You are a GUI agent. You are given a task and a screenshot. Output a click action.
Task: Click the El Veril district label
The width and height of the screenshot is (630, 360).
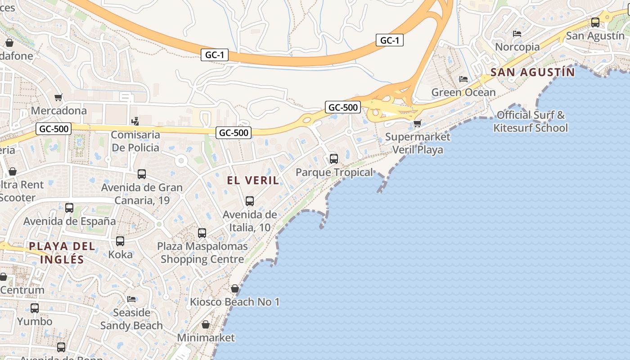coord(252,180)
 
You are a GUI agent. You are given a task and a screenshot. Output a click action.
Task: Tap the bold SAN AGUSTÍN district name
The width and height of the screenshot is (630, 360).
coord(533,72)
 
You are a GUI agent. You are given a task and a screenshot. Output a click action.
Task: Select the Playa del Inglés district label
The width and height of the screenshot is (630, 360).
coord(62,252)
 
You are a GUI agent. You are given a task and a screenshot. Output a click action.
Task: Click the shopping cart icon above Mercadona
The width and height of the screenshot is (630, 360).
coord(58,97)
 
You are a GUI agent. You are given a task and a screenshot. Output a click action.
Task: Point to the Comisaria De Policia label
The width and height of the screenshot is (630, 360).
coord(135,141)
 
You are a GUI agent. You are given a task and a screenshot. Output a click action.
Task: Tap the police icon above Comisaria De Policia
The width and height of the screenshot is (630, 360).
coord(135,121)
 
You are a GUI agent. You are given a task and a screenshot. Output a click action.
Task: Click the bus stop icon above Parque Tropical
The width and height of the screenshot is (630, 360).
coord(334,158)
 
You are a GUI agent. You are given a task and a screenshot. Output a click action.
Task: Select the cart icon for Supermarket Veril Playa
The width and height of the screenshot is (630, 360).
coord(418,123)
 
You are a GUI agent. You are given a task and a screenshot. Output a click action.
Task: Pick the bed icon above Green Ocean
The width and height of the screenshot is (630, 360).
coord(463,79)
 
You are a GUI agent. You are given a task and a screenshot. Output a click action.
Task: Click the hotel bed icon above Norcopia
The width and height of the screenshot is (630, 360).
coord(517,33)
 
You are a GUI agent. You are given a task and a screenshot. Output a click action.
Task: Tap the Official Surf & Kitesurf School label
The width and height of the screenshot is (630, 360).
coord(531,121)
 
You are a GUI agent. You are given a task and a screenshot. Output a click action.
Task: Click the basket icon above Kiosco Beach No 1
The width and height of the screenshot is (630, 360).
coord(235,288)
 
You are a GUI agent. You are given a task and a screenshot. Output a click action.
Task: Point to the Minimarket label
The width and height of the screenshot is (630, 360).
coord(206,337)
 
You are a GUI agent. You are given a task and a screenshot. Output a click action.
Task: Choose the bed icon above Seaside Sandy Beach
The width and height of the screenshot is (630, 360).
coord(131,299)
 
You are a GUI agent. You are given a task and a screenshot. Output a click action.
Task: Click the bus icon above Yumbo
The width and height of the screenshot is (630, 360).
coord(35,308)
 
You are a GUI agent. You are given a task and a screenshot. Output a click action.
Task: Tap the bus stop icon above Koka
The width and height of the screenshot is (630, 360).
coord(120,241)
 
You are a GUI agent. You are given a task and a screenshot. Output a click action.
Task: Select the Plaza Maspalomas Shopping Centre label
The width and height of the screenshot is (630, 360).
coord(202,253)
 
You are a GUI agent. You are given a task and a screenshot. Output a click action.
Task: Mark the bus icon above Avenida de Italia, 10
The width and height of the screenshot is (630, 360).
coord(250,201)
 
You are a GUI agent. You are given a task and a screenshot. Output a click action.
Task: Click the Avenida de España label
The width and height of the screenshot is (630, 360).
coord(69,221)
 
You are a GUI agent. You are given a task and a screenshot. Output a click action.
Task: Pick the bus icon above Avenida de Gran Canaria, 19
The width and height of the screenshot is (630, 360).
coord(142,174)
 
